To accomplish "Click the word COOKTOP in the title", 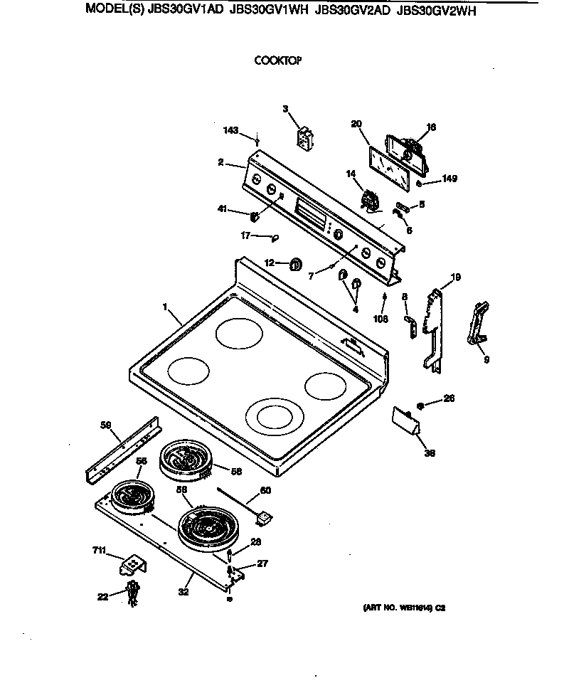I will tap(278, 61).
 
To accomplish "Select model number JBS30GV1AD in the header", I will tap(186, 11).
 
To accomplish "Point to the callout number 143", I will tap(230, 131).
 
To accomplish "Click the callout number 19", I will tap(456, 277).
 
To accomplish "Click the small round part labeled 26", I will tap(420, 405).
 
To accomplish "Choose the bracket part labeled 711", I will tap(132, 566).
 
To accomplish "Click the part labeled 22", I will tap(132, 592).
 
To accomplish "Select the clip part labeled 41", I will tap(254, 216).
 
